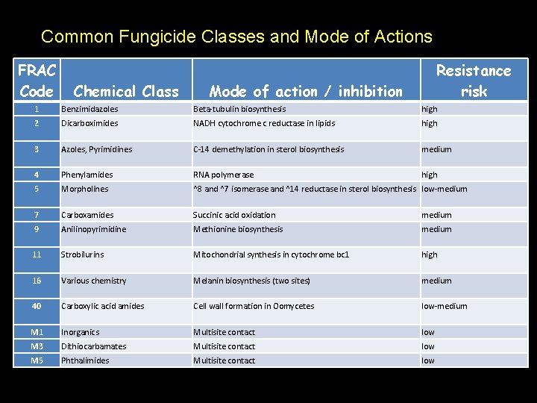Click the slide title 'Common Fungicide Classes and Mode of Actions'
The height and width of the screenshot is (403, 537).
point(236,36)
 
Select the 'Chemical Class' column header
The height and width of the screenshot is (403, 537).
point(126,91)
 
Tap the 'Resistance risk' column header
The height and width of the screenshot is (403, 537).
point(474,81)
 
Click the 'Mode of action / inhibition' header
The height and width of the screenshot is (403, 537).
point(305,91)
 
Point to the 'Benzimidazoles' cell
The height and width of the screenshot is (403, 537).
point(89,109)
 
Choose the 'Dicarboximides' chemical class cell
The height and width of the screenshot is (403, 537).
point(89,123)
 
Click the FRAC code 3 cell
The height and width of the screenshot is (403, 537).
point(37,149)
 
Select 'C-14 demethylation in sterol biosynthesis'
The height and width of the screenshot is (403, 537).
point(268,149)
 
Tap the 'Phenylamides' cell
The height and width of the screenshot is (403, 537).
point(87,175)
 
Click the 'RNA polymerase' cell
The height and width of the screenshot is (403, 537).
point(223,175)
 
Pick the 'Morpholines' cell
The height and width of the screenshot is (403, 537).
point(85,189)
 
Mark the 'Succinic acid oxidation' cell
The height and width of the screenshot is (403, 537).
point(234,215)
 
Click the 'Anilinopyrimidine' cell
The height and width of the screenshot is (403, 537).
point(94,229)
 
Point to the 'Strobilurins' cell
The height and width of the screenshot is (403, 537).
point(83,254)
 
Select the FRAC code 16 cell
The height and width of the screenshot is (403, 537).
point(37,281)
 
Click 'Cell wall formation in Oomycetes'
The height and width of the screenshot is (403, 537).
point(254,306)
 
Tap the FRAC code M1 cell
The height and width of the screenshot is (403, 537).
point(37,332)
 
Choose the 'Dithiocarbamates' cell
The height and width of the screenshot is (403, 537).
point(94,346)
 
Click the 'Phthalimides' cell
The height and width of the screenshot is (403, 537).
point(85,360)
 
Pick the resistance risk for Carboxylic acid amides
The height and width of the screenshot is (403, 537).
point(445,306)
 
